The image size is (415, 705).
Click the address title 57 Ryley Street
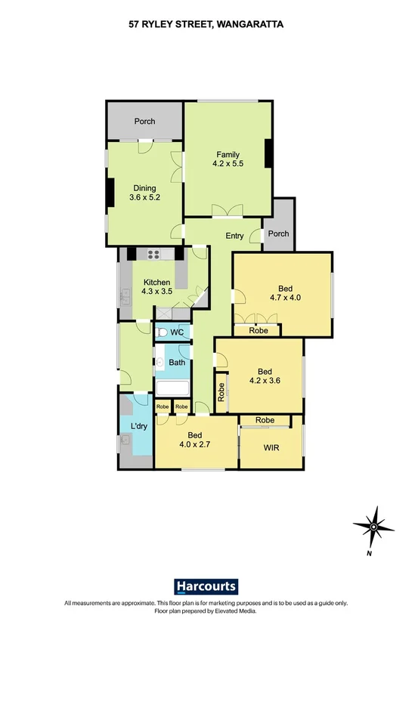206,24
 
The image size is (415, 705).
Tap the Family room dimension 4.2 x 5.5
228,162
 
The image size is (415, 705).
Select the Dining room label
144,188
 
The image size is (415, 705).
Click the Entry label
234,236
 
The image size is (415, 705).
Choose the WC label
178,332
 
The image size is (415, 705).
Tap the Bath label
177,363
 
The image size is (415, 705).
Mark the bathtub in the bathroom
173,389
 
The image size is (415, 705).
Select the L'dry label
138,426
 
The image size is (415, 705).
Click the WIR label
271,448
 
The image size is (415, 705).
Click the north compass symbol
373,527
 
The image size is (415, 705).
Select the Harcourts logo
206,586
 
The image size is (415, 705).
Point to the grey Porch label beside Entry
278,233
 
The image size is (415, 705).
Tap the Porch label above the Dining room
145,122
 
